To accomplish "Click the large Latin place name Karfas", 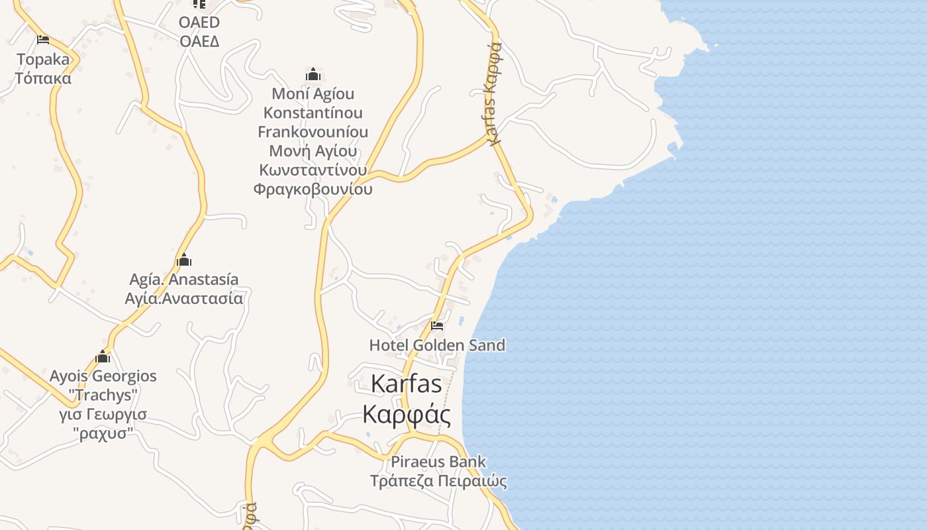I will click(x=406, y=384).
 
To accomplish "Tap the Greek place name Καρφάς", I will click(x=407, y=415).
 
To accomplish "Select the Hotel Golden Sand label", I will click(x=437, y=345).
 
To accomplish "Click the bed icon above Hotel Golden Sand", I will click(x=437, y=326).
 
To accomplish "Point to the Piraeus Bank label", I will click(x=438, y=462).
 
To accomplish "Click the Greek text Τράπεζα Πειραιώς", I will click(x=438, y=481).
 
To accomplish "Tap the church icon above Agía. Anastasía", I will click(x=184, y=260).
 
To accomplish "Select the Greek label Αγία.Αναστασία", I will click(x=184, y=298).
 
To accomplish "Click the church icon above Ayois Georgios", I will click(x=103, y=357).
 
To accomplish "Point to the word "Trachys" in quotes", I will click(x=103, y=396).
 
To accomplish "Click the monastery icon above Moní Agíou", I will click(x=313, y=74).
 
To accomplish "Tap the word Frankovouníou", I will click(x=313, y=132).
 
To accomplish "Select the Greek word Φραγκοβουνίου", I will click(x=313, y=189).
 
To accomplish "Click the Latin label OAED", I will click(x=199, y=23).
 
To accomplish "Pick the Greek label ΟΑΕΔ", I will click(x=199, y=41).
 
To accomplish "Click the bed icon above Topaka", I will click(x=43, y=40).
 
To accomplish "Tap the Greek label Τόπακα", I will click(x=43, y=78).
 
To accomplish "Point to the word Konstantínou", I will click(x=313, y=113).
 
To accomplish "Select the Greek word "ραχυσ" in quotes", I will click(x=103, y=434).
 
